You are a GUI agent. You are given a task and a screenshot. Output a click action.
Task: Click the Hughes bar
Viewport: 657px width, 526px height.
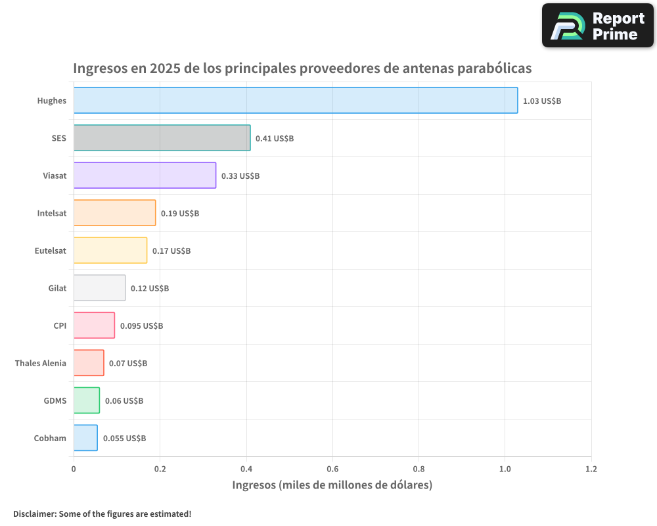click(x=296, y=101)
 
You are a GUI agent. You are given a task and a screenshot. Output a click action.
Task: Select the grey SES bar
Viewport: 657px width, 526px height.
click(x=162, y=138)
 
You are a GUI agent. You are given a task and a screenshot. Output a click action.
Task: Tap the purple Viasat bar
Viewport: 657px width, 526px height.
click(x=145, y=176)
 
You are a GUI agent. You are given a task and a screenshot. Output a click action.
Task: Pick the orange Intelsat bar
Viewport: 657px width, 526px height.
click(x=114, y=213)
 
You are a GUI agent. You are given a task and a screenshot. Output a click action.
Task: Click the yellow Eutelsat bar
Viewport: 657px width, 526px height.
click(x=110, y=251)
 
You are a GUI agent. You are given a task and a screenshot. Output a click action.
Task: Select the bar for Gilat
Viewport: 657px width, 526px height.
click(x=99, y=288)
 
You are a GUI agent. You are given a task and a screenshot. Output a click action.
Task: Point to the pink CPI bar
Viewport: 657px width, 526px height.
click(x=94, y=325)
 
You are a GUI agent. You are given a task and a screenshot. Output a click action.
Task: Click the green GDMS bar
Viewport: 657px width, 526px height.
click(x=87, y=400)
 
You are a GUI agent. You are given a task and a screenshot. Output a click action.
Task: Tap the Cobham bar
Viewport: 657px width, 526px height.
click(x=85, y=438)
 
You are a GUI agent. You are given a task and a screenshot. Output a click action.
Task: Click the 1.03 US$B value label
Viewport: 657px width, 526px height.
click(x=542, y=101)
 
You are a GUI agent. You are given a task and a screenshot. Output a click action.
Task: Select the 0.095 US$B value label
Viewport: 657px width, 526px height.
click(x=141, y=326)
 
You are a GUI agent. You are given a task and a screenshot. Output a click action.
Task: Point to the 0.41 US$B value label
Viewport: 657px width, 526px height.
click(x=275, y=139)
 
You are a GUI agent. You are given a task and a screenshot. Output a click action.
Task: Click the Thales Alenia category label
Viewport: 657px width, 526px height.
click(x=41, y=363)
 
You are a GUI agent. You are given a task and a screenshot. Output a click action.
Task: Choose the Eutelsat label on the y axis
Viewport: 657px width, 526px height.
click(x=51, y=251)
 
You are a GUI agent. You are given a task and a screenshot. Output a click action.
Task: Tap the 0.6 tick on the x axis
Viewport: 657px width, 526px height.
click(x=332, y=469)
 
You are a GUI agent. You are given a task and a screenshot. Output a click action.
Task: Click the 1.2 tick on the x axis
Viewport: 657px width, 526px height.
click(x=591, y=469)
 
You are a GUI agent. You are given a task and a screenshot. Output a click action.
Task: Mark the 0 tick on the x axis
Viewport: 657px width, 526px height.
click(x=74, y=469)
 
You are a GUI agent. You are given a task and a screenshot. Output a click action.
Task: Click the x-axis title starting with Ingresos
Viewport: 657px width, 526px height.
click(x=332, y=485)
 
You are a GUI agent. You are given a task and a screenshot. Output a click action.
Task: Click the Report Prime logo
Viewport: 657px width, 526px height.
click(x=597, y=26)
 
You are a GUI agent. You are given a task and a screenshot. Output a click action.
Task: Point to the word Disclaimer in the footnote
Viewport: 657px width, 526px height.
click(x=34, y=514)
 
